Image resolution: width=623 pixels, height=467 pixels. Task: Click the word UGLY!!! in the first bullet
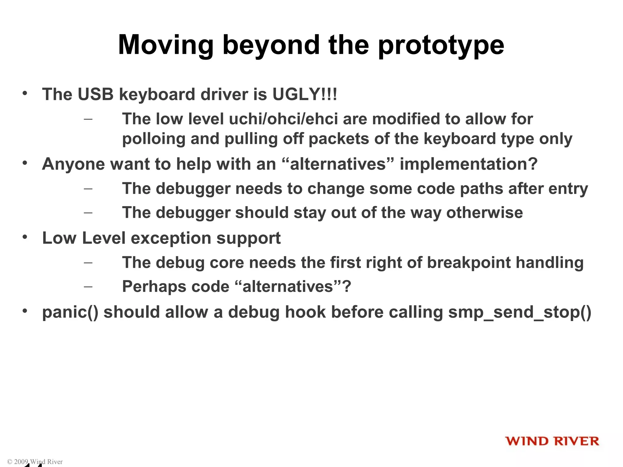(x=305, y=94)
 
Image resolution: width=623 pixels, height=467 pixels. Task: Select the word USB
(x=96, y=94)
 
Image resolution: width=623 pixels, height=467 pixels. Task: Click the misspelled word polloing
(x=154, y=139)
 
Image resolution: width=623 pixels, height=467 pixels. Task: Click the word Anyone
(x=73, y=164)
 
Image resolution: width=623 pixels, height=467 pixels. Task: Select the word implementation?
(x=468, y=164)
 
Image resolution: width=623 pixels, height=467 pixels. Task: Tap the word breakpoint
(x=469, y=263)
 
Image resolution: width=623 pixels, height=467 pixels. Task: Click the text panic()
(x=70, y=313)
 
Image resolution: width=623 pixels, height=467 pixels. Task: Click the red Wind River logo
(x=552, y=441)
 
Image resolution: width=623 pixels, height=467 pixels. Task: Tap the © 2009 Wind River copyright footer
(x=35, y=462)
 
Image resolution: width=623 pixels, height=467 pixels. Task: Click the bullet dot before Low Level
(x=25, y=237)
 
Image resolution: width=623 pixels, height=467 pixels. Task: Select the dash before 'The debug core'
(x=88, y=262)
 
